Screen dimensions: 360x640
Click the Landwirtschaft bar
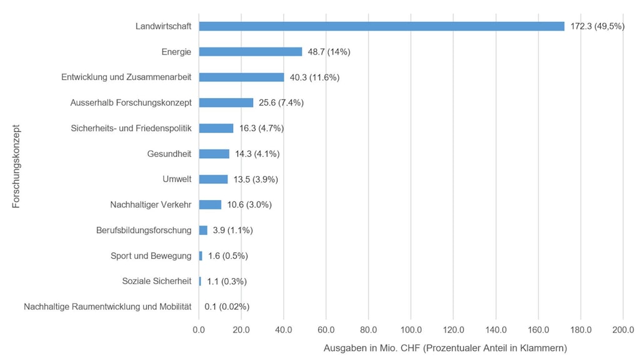click(x=381, y=26)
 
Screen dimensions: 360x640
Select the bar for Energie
click(x=250, y=52)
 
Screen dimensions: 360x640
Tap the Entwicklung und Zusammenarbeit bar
click(x=241, y=77)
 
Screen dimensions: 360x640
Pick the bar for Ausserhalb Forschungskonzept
click(x=226, y=102)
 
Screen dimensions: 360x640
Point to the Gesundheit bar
click(x=214, y=154)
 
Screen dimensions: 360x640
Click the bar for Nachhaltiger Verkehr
click(x=210, y=204)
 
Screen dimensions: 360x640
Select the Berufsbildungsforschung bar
click(x=203, y=230)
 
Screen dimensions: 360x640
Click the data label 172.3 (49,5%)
click(x=597, y=26)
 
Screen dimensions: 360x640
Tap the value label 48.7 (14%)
click(x=329, y=52)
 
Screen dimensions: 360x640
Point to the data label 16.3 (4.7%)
click(x=261, y=128)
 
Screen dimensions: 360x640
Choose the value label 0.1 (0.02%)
click(x=227, y=307)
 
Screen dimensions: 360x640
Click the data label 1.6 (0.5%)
click(x=228, y=256)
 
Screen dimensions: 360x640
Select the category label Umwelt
click(x=176, y=179)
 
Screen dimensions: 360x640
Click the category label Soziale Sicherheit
click(x=156, y=281)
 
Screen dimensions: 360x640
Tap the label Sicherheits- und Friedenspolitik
click(x=131, y=128)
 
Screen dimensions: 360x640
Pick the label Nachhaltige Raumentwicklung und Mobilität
click(x=107, y=307)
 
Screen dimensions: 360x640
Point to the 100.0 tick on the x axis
click(x=411, y=329)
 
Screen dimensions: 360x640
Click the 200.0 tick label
click(x=622, y=329)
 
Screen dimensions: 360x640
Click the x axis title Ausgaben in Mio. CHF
click(x=445, y=347)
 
